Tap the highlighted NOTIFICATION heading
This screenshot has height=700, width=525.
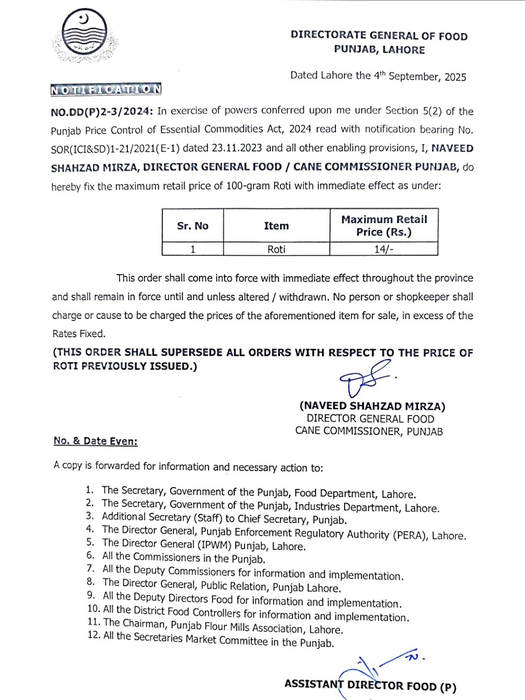coord(106,89)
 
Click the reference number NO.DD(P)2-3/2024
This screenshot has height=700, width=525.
coord(102,111)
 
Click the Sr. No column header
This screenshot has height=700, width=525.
coord(192,226)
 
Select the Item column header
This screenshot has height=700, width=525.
coord(276,226)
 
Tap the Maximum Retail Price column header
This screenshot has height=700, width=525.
coord(384,226)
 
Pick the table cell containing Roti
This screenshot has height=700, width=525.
coord(276,249)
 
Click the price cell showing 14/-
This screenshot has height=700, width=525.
coord(384,249)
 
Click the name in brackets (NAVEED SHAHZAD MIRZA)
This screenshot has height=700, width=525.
coord(372,406)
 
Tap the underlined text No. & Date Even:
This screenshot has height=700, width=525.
coord(96,441)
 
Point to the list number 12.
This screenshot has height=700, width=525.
coord(94,635)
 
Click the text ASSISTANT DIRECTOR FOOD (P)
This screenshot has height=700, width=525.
coord(370,685)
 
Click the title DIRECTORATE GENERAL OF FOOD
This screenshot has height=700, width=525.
coord(379,35)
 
